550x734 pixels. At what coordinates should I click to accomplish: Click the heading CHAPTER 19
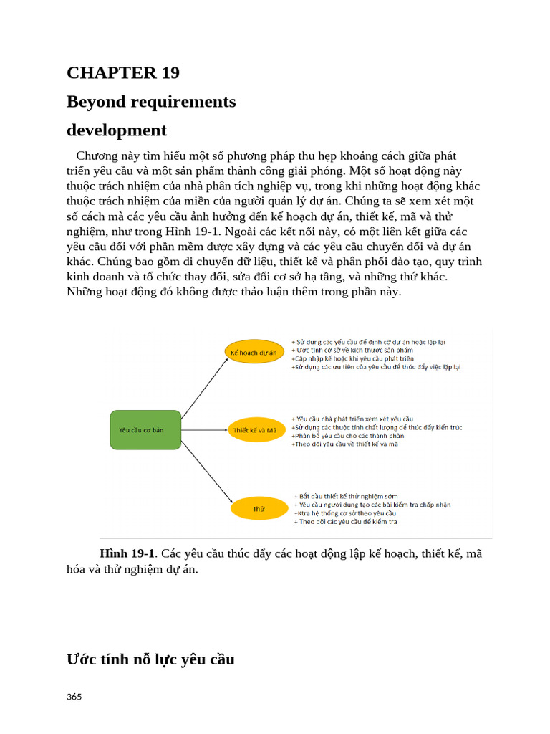pos(122,73)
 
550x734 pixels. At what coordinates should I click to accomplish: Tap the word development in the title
pos(116,130)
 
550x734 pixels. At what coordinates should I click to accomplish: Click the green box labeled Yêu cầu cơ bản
pos(145,429)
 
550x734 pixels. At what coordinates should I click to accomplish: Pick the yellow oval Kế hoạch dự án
pos(254,352)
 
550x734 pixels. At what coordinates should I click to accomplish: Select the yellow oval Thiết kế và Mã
pos(254,430)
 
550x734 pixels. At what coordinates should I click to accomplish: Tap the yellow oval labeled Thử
pos(259,509)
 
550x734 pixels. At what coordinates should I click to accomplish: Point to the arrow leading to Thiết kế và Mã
pos(205,430)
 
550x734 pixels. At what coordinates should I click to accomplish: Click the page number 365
pos(74,697)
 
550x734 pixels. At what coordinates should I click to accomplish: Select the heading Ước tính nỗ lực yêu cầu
pos(150,659)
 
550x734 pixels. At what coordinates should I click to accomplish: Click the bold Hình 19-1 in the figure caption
pos(127,553)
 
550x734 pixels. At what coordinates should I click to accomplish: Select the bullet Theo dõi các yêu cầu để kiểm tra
pos(346,522)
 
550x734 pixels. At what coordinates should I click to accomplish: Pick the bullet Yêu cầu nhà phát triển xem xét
pos(353,419)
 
